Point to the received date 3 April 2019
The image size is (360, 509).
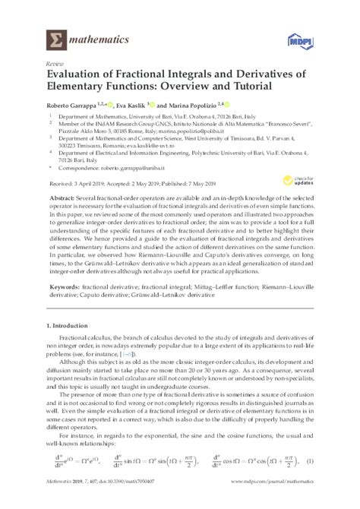point(86,182)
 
